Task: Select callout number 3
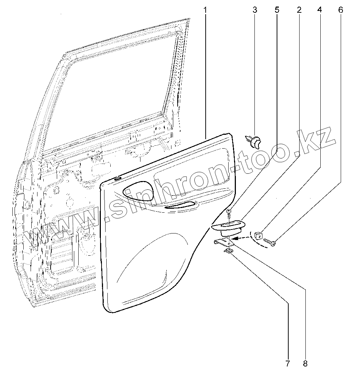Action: [254, 10]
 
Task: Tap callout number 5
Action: [277, 10]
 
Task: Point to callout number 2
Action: [299, 10]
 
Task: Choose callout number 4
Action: [320, 10]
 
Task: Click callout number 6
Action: [340, 10]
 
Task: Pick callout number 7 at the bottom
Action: [288, 363]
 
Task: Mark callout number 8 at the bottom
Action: [305, 363]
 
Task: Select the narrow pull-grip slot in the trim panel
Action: [181, 206]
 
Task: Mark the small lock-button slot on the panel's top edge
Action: [117, 178]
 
